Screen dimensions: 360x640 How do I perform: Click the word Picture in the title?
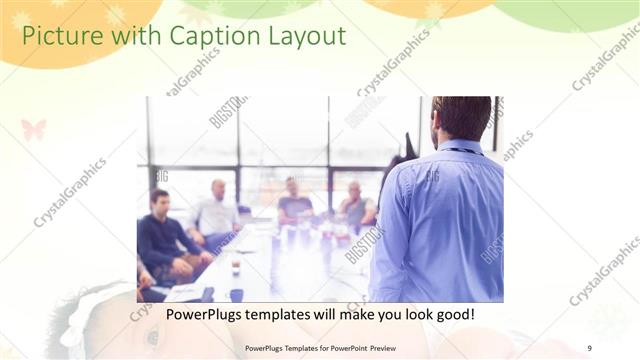[59, 37]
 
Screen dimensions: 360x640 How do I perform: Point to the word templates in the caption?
[281, 315]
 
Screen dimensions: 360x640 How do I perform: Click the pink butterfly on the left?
[33, 129]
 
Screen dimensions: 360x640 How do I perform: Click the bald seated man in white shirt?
[216, 210]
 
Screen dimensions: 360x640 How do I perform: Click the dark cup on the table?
[235, 268]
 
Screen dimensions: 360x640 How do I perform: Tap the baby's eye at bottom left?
[153, 338]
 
